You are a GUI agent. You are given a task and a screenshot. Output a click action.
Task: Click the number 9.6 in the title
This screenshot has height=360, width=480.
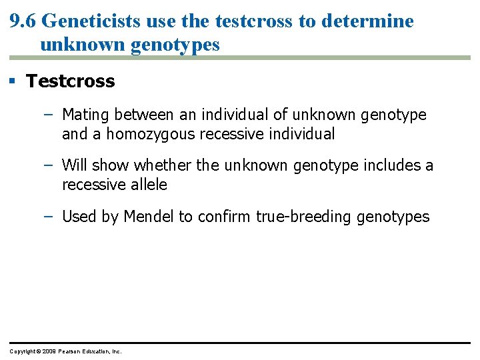23,21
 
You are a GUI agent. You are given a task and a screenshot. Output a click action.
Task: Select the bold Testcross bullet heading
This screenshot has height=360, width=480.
70,81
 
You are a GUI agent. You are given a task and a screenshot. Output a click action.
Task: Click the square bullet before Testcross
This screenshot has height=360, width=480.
13,81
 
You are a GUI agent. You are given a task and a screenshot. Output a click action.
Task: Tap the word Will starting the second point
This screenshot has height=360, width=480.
75,165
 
